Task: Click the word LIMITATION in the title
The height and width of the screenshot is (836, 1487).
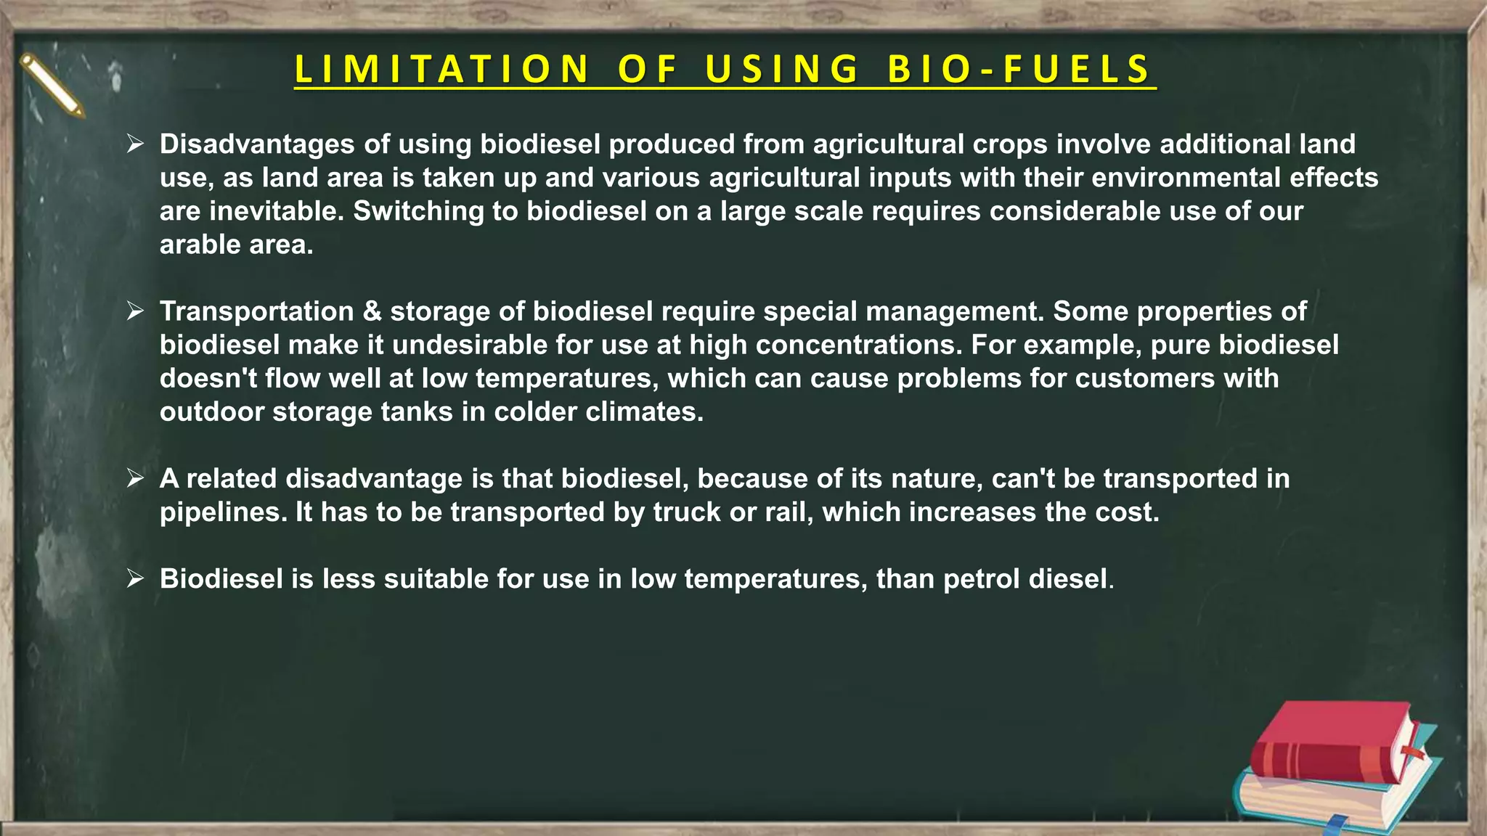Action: point(442,70)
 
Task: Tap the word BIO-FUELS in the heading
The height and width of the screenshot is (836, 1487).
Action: point(1019,70)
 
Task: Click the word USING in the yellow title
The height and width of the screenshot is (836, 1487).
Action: point(782,70)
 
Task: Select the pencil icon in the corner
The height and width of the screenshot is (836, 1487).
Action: point(52,86)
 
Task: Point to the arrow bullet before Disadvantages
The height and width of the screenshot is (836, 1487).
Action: point(135,144)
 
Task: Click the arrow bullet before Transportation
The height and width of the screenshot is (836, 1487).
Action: point(135,311)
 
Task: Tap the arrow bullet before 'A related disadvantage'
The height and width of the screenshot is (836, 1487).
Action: point(135,478)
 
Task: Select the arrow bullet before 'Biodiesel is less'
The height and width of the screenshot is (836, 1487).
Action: point(135,578)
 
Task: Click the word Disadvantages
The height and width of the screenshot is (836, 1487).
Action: point(257,144)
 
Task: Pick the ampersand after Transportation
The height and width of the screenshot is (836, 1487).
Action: point(372,311)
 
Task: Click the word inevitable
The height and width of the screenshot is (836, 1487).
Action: point(276,211)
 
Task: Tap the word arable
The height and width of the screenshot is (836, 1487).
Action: point(200,245)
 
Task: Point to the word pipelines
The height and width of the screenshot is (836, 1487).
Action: point(224,512)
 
